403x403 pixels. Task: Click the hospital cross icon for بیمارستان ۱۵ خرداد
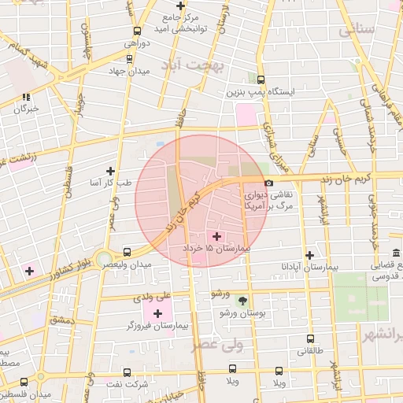(217, 236)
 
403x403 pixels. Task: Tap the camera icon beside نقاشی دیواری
(269, 183)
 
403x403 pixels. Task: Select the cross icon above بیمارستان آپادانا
(310, 255)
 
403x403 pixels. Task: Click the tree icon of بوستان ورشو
(242, 300)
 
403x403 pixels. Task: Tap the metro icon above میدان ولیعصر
(127, 253)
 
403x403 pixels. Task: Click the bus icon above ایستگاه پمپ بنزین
(261, 79)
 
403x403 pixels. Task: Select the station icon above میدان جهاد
(129, 59)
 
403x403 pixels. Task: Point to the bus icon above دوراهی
(139, 31)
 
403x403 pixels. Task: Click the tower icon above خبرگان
(25, 97)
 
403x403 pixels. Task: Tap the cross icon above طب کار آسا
(110, 170)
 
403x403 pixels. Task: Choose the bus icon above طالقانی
(310, 339)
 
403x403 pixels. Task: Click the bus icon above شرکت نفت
(128, 372)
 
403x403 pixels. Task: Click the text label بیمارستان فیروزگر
(150, 325)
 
